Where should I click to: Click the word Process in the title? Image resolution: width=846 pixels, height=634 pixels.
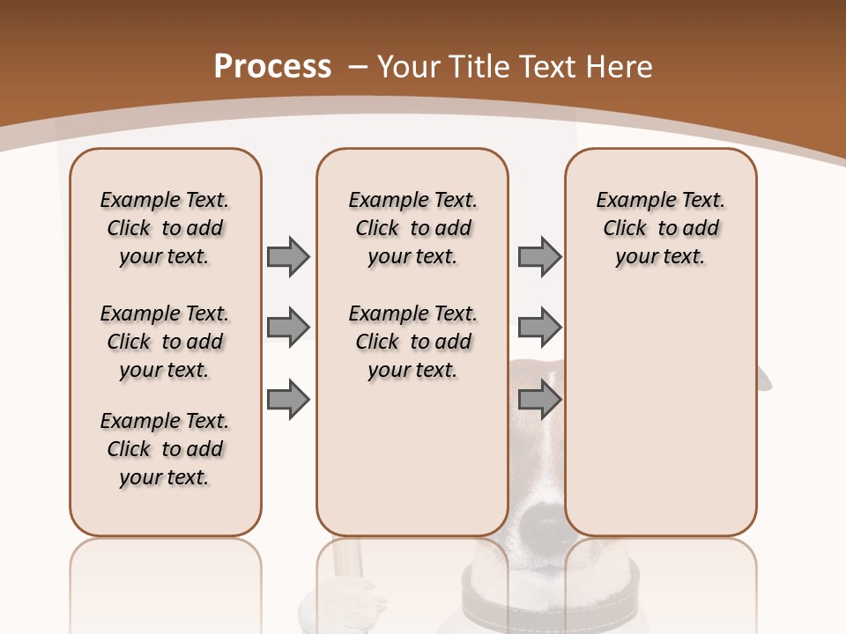point(272,67)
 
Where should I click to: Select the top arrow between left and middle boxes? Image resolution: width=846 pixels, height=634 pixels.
point(288,256)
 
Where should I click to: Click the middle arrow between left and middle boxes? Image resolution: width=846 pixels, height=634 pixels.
point(288,328)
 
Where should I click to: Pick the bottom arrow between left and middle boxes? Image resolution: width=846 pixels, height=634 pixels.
point(288,400)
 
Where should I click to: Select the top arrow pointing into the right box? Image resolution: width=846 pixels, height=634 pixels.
point(539,256)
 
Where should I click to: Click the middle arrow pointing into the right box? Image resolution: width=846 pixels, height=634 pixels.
point(539,328)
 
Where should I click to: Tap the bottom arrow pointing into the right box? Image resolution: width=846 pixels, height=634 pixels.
point(539,400)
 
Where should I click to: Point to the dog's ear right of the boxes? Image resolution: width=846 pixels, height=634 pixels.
point(764,379)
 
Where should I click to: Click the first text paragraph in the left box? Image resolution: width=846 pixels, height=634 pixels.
point(165,228)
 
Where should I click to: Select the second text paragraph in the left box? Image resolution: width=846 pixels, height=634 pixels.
point(165,342)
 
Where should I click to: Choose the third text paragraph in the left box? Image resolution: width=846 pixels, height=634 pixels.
point(165,449)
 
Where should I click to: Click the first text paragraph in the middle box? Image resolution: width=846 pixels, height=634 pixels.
point(412,228)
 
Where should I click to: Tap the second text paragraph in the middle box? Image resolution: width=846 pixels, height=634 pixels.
point(412,342)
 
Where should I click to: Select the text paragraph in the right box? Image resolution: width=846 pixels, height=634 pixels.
point(660,228)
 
